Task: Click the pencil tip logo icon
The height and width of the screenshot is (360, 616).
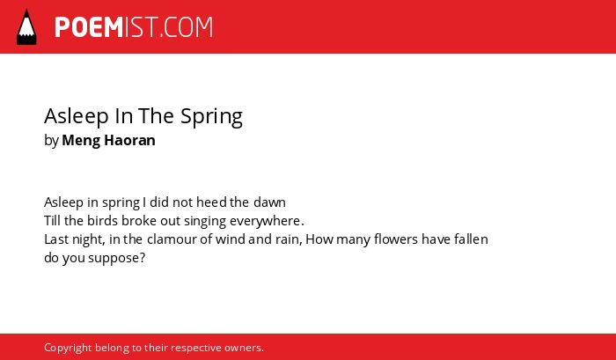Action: [26, 27]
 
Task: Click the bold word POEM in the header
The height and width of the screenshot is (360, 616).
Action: [89, 27]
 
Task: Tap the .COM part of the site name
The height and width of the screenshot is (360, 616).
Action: [187, 27]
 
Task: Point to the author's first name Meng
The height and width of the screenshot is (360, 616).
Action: [81, 141]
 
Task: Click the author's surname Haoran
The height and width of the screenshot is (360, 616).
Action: [129, 140]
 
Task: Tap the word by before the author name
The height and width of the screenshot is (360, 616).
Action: [51, 141]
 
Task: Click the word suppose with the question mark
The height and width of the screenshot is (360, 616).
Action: [117, 259]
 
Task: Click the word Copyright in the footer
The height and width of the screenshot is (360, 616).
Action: [68, 349]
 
